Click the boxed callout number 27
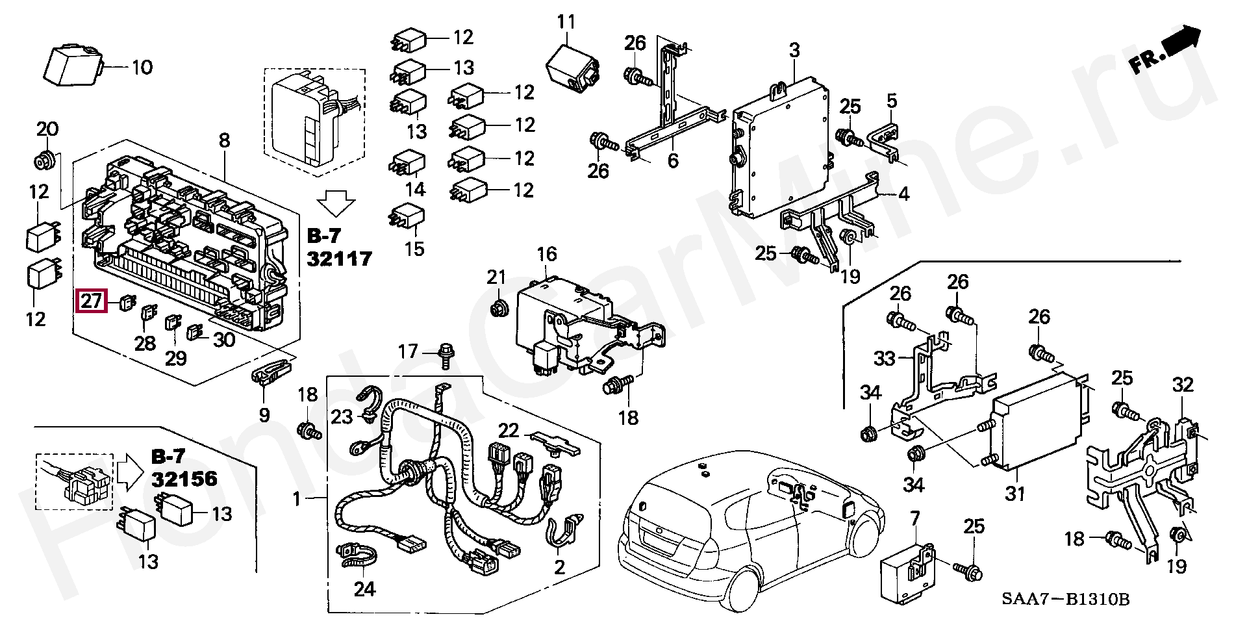coord(90,302)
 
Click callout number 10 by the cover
coord(142,67)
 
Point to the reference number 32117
coord(338,259)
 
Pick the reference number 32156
coord(184,479)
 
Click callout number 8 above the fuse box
coord(224,139)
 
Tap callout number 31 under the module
coord(1014,494)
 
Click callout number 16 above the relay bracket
coord(547,253)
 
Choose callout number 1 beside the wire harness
coord(297,500)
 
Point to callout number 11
coord(566,21)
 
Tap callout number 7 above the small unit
coord(915,518)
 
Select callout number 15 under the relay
coord(414,248)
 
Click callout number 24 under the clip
coord(364,590)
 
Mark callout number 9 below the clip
coord(264,414)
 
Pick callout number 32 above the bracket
coord(1183,385)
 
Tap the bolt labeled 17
coord(446,353)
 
